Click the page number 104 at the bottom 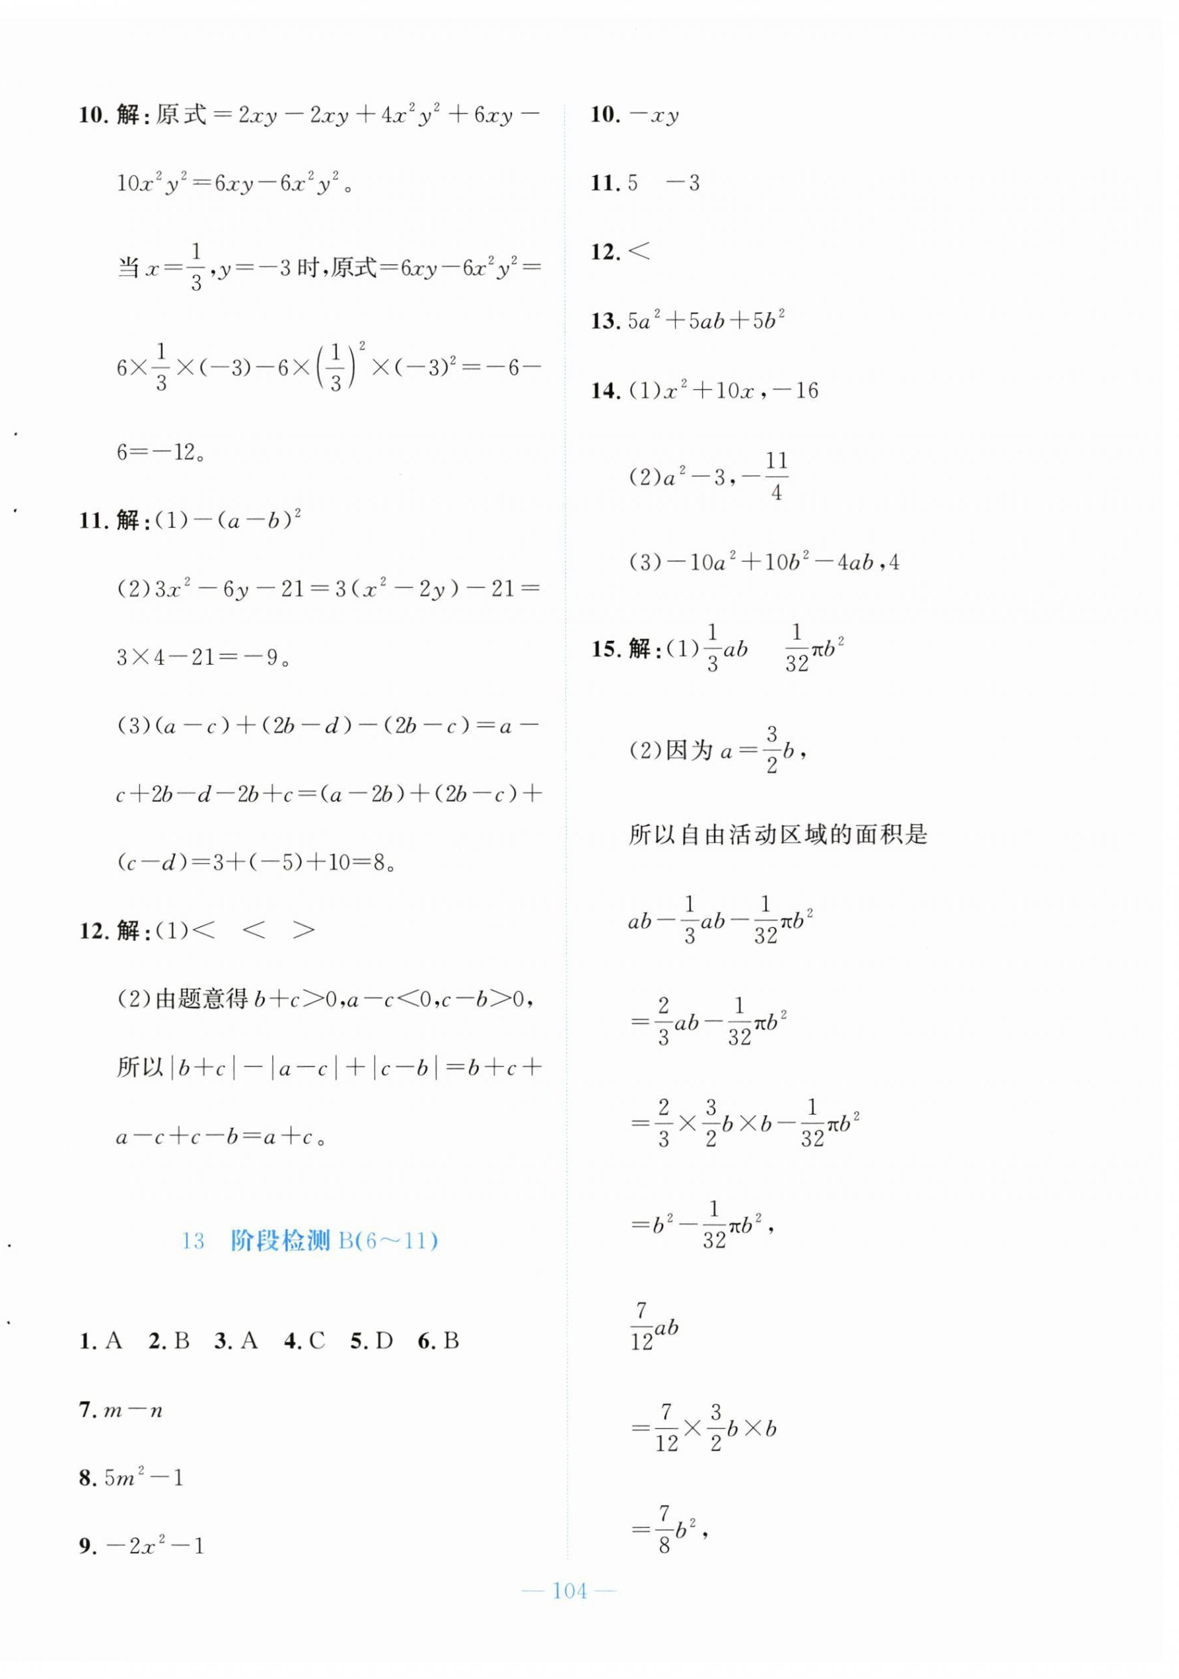570,1591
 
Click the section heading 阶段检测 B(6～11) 334,1241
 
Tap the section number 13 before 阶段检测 193,1242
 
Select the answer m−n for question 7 133,1411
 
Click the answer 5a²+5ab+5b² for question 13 706,321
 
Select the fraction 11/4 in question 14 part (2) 775,476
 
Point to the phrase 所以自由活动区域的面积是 777,835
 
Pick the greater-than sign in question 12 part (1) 303,930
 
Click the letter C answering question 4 316,1341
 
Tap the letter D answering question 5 384,1341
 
